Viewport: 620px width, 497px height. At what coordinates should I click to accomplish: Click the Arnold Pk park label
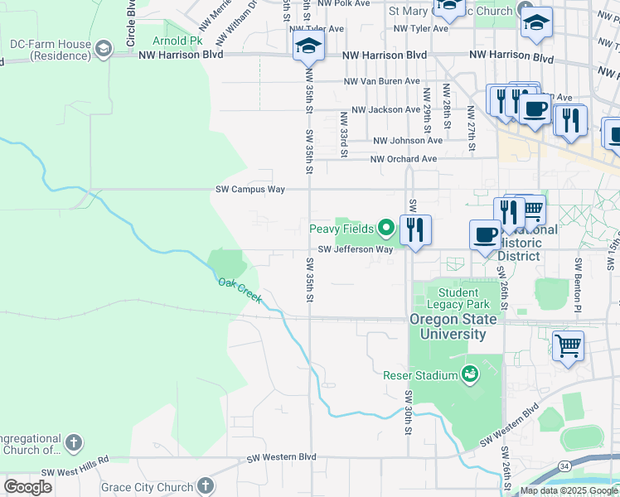pyautogui.click(x=177, y=40)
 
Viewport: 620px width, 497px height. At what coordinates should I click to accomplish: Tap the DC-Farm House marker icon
pyautogui.click(x=104, y=49)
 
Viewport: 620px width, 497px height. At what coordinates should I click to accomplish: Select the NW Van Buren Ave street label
pyautogui.click(x=383, y=82)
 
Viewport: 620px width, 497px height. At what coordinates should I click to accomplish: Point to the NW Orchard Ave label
pyautogui.click(x=403, y=159)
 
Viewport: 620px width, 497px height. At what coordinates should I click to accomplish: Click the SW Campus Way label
pyautogui.click(x=250, y=190)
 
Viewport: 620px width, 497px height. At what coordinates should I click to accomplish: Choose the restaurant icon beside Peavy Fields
pyautogui.click(x=415, y=229)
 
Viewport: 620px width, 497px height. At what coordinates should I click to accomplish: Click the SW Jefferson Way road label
pyautogui.click(x=356, y=249)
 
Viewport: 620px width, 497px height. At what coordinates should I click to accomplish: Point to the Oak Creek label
pyautogui.click(x=240, y=289)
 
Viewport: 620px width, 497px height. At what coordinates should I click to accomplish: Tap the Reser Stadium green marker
pyautogui.click(x=470, y=375)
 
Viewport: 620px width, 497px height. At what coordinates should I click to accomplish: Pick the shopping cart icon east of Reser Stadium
pyautogui.click(x=568, y=345)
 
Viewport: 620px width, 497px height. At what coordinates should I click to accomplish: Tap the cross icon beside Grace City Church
pyautogui.click(x=206, y=487)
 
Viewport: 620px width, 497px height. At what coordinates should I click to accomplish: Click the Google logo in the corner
pyautogui.click(x=27, y=487)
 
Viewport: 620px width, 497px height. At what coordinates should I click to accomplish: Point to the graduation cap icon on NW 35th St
pyautogui.click(x=308, y=46)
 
